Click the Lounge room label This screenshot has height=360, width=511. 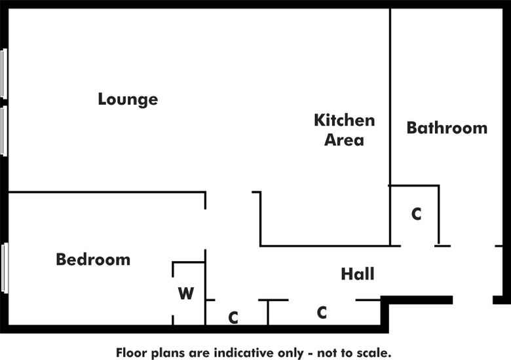click(x=128, y=99)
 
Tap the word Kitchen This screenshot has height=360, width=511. click(x=344, y=120)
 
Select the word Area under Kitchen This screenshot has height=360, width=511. click(x=344, y=140)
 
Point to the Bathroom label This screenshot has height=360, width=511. click(x=447, y=128)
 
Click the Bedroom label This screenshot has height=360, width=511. click(x=93, y=260)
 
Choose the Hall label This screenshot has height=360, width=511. click(x=358, y=274)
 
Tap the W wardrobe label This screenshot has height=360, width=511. click(x=186, y=294)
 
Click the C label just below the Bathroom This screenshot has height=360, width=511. click(x=416, y=214)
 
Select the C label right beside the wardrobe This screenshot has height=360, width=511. click(x=233, y=318)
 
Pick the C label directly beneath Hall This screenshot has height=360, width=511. click(x=322, y=313)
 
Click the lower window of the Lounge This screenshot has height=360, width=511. click(x=4, y=131)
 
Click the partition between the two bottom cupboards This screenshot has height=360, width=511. click(x=268, y=312)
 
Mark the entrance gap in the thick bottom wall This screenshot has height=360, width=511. click(x=473, y=300)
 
